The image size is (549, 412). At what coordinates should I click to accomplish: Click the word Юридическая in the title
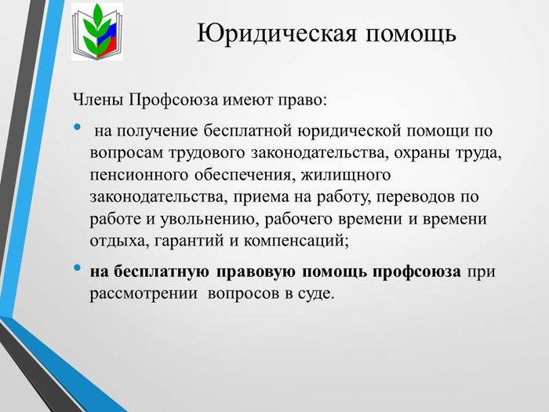point(277,34)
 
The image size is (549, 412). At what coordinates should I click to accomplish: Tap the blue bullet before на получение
point(77,126)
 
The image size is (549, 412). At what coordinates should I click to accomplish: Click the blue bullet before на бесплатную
point(77,268)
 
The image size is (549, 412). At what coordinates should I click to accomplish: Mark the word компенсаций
point(296,242)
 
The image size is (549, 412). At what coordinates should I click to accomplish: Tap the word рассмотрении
point(144,294)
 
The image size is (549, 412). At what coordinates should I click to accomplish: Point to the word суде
point(314,294)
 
